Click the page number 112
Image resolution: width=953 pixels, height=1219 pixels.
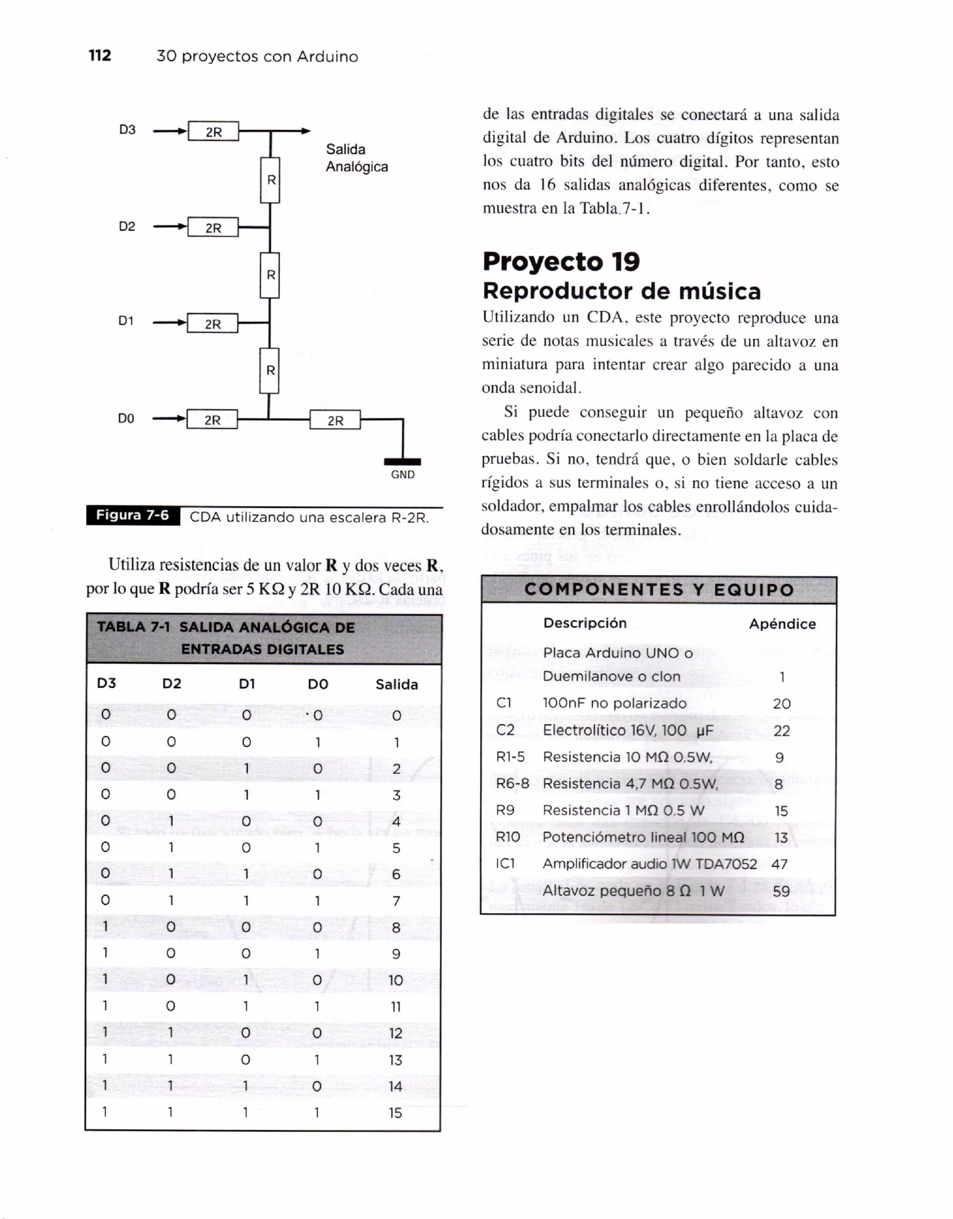(100, 55)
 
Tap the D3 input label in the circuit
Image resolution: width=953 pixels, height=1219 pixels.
(128, 129)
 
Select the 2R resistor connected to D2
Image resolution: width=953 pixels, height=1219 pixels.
(213, 227)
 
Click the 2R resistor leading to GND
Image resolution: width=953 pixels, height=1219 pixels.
(335, 420)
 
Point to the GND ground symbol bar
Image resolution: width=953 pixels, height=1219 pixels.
(402, 461)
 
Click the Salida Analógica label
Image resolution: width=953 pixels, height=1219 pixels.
(356, 158)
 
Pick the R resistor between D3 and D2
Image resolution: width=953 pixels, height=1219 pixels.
(270, 180)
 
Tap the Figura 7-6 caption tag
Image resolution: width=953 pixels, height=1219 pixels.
(133, 515)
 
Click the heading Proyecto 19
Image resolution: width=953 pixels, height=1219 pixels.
(561, 261)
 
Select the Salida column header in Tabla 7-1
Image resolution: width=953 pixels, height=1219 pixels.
(396, 684)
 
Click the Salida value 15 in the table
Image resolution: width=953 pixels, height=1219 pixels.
(395, 1113)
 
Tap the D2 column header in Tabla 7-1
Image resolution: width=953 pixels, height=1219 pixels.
(171, 684)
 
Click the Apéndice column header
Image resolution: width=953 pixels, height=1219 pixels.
(782, 624)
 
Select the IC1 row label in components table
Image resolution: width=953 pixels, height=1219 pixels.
(505, 864)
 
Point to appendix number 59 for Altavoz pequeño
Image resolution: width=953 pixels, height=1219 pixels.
(781, 891)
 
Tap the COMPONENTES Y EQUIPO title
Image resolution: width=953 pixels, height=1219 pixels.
(659, 590)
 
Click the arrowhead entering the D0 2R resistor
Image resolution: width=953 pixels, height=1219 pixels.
(181, 419)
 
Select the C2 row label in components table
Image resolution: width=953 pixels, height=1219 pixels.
(505, 730)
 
